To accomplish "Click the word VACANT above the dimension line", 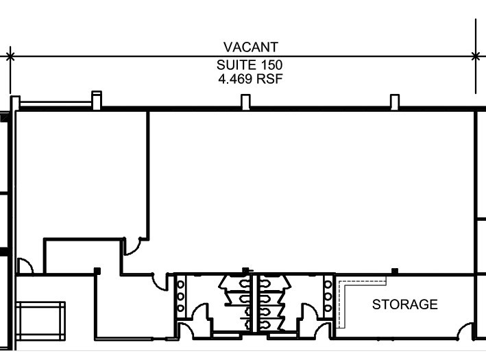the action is click(251, 47).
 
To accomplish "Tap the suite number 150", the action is click(271, 65).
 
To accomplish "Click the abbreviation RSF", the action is click(269, 79).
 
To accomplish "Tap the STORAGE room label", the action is click(405, 304).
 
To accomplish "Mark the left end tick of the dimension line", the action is click(10, 57).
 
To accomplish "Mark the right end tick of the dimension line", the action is click(476, 57).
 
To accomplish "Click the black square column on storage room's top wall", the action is click(395, 272).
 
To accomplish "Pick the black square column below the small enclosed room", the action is click(97, 271).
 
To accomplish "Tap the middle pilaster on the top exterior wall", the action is click(245, 102).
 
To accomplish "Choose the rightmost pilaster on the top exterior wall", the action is click(395, 102).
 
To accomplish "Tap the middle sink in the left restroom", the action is click(180, 296).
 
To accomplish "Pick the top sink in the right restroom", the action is click(328, 284).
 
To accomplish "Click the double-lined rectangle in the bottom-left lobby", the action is click(40, 321).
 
